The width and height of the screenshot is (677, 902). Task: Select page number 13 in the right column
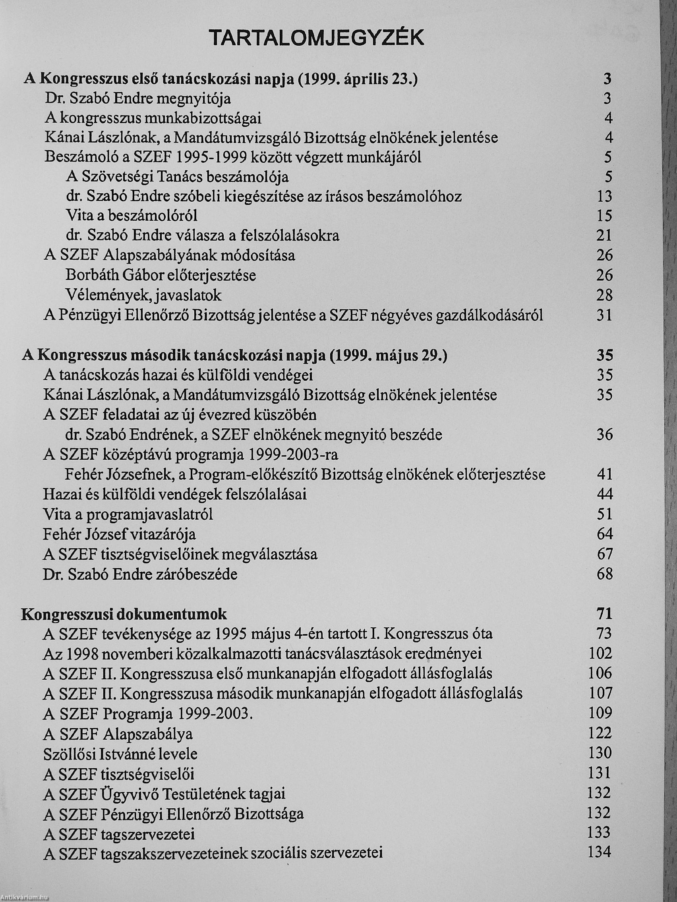(604, 197)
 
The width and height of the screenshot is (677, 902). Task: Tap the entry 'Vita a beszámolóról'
(132, 216)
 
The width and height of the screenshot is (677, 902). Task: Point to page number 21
(604, 236)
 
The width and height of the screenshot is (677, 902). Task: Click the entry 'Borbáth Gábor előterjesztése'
(161, 276)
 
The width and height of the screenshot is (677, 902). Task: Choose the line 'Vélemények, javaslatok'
(144, 295)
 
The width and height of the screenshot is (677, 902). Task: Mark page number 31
(604, 315)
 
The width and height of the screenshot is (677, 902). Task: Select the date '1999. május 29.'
(388, 356)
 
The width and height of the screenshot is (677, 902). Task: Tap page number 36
(604, 435)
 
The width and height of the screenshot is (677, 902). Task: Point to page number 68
(604, 574)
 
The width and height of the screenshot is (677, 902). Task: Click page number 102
(601, 653)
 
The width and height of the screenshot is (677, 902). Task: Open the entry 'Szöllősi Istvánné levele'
(120, 754)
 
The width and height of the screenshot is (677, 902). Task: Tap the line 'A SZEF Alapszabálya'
(118, 734)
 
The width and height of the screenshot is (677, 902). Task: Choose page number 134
(600, 852)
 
